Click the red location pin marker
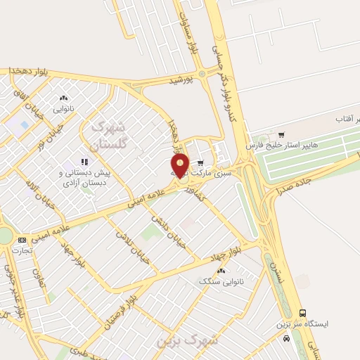pos(180,165)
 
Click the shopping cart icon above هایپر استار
pos(281,134)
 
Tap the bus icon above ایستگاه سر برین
pos(303,313)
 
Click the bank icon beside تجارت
pos(22,240)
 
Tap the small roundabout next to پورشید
pos(202,73)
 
